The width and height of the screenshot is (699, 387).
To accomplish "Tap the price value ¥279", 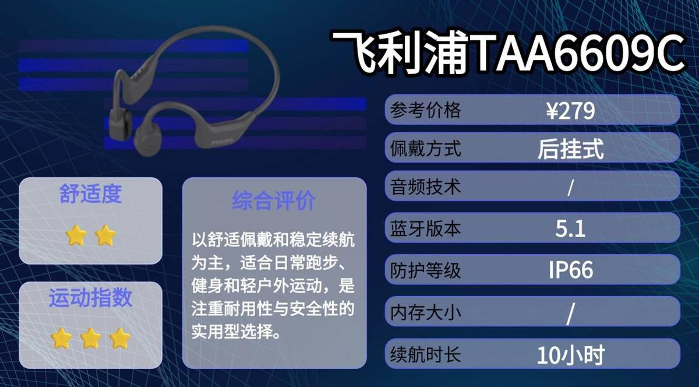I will [571, 111].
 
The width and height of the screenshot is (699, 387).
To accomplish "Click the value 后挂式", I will [571, 149].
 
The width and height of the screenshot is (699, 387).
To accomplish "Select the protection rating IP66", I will [571, 270].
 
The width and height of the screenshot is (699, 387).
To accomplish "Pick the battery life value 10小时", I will [571, 354].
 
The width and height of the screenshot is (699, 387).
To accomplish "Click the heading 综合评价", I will [274, 200].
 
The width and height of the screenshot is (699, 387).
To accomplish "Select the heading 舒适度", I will [90, 194].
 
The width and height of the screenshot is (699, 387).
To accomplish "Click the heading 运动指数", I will [90, 298].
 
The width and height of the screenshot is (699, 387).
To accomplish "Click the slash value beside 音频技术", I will [571, 188].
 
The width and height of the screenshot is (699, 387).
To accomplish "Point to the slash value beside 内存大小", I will [571, 314].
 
